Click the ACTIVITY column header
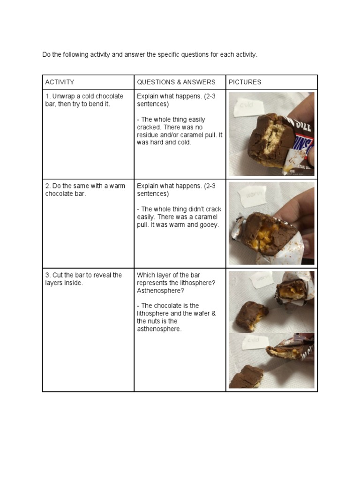pyautogui.click(x=60, y=82)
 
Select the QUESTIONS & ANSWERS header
pyautogui.click(x=176, y=82)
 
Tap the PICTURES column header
pyautogui.click(x=245, y=82)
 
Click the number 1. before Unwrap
pyautogui.click(x=48, y=96)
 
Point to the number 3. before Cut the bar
pyautogui.click(x=48, y=275)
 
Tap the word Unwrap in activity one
pyautogui.click(x=63, y=96)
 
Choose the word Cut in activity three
pyautogui.click(x=58, y=275)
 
